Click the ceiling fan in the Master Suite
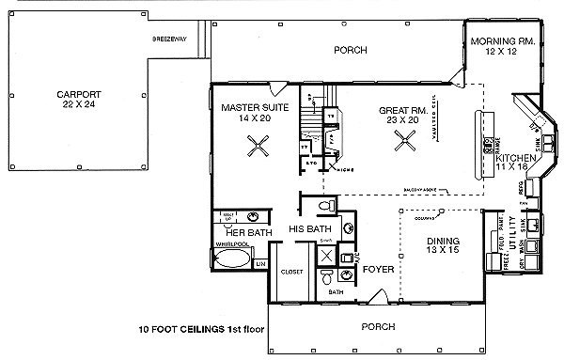pyautogui.click(x=258, y=146)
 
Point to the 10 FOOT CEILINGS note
pyautogui.click(x=200, y=330)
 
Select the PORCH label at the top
pyautogui.click(x=350, y=50)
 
